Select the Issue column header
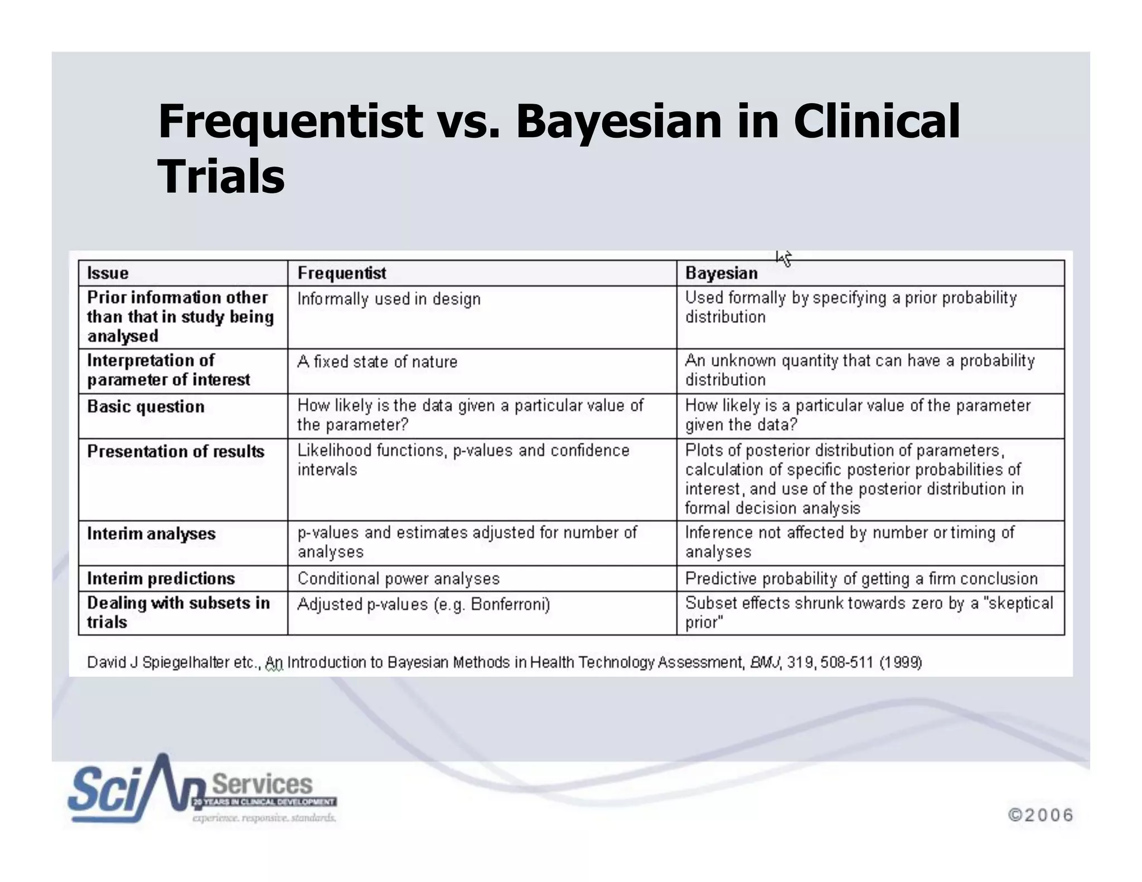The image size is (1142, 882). [108, 273]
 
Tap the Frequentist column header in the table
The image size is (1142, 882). [341, 273]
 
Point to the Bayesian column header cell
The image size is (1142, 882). [721, 273]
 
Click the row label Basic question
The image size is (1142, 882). [146, 406]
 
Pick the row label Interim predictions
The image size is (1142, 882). [161, 578]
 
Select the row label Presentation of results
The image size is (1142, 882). [176, 451]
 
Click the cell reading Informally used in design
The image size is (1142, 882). [389, 299]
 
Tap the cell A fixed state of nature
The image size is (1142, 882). [377, 362]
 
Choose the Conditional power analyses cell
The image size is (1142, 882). [398, 579]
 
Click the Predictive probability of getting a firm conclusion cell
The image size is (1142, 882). [861, 579]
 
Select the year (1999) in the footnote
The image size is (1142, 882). [901, 662]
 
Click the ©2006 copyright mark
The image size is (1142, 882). [1041, 815]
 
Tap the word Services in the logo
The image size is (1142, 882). [262, 784]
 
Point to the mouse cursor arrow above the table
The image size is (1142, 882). [783, 258]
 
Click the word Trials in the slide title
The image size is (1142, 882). [221, 176]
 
